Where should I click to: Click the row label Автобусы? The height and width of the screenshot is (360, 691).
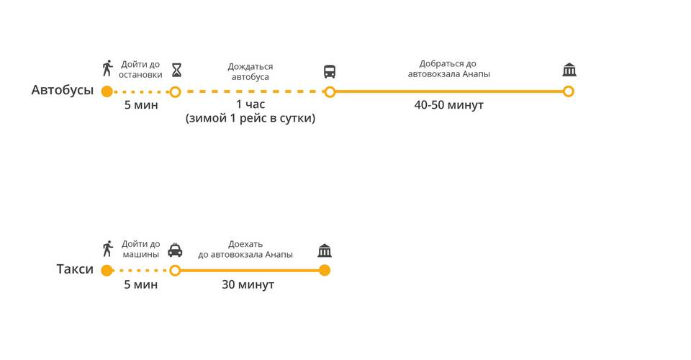pos(63,90)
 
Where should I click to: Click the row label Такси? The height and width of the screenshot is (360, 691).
pos(75,269)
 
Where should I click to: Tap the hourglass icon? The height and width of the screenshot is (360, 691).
pos(176,70)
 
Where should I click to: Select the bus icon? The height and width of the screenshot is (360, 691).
pos(330,71)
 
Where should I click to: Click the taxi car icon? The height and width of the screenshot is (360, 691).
pos(175,251)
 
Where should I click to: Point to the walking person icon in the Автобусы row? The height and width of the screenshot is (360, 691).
pos(108,69)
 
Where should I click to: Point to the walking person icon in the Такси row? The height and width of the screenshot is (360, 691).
pos(108,249)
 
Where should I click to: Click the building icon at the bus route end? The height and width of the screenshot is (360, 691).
pos(569,70)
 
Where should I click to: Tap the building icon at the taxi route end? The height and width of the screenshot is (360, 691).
pos(325,251)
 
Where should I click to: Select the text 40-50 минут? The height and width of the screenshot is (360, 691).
pos(448,105)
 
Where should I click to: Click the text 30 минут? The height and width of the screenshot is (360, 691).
pos(248,284)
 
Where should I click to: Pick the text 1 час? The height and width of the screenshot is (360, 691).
pos(250,104)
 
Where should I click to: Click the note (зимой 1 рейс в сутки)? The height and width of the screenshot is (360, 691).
pos(250,118)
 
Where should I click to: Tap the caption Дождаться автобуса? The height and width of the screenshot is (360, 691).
pos(250,71)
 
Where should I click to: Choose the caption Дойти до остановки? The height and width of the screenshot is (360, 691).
pos(140,69)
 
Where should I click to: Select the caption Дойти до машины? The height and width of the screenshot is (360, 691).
pos(140,249)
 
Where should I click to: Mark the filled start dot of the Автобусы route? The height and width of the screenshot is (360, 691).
pos(107,91)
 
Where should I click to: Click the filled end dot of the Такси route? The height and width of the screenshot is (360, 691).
pos(325,271)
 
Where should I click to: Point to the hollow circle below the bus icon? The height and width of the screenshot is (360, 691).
pos(330,91)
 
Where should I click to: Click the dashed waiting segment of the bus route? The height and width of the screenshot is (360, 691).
pos(252,91)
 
